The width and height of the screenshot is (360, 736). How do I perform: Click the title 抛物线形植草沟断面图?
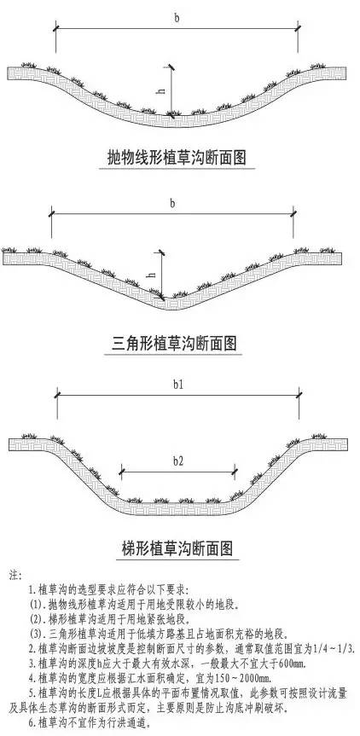[x=177, y=157]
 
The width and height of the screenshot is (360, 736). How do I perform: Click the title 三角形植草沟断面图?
[x=175, y=344]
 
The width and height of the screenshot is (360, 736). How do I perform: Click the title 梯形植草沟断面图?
[x=177, y=548]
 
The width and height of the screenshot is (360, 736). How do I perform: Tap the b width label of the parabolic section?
[x=177, y=18]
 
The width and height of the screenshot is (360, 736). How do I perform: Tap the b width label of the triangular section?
[x=172, y=204]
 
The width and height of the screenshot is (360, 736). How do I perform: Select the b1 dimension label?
[x=177, y=385]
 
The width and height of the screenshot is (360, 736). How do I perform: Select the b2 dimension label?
[x=178, y=461]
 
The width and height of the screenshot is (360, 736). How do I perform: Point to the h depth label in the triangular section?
[x=152, y=275]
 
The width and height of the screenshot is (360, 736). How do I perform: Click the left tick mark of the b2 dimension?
[x=122, y=470]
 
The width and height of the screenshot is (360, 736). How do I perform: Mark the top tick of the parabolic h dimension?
[x=171, y=67]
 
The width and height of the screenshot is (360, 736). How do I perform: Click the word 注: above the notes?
[x=15, y=575]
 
